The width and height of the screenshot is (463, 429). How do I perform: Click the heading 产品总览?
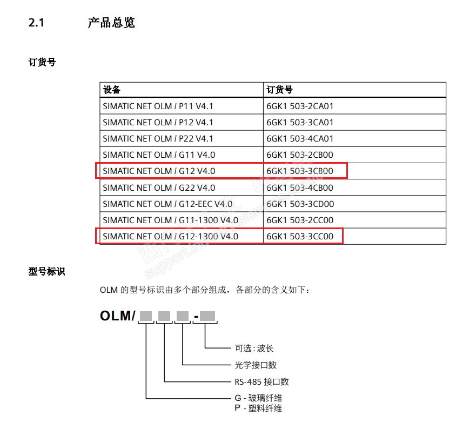111,23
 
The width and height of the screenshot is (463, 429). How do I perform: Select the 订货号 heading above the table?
42,62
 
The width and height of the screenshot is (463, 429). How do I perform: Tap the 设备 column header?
112,90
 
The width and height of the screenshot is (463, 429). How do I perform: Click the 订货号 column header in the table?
279,90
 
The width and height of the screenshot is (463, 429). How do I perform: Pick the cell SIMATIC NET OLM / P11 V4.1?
158,106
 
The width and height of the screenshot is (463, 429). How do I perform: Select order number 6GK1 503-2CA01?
300,106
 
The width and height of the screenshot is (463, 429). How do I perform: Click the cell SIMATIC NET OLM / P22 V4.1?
158,139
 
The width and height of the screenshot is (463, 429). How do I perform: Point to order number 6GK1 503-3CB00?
300,171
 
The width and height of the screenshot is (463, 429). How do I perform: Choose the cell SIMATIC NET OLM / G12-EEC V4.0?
167,204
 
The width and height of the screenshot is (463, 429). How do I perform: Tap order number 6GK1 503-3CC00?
300,236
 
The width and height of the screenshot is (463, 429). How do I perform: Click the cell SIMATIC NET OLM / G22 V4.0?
159,187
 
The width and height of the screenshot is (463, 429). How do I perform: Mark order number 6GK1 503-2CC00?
300,220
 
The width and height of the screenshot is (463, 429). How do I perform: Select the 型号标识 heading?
46,271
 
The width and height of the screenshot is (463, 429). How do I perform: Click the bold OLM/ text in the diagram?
117,316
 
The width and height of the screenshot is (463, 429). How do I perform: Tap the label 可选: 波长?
254,348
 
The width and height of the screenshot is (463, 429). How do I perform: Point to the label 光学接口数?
256,365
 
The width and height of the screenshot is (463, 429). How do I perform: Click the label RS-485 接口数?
261,382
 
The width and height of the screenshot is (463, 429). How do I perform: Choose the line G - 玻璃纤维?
258,398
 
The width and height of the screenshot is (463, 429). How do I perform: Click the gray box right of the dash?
208,316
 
